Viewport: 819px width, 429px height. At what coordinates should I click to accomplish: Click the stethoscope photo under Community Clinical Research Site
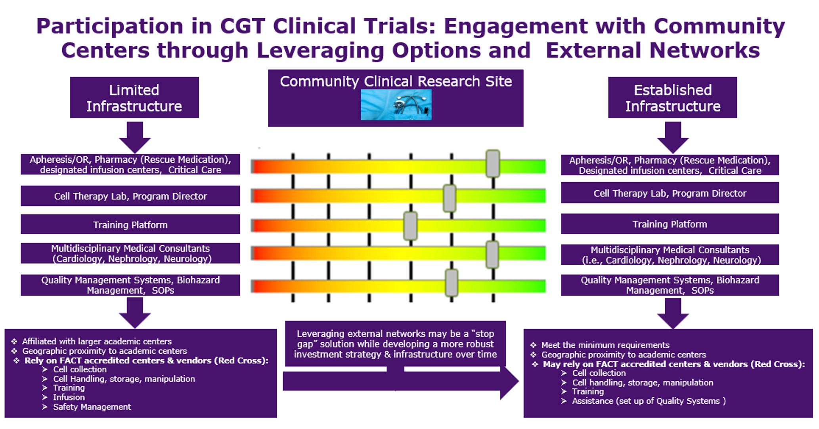396,104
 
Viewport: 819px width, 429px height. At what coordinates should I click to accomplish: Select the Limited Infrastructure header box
134,97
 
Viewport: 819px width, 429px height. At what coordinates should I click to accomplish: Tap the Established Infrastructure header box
672,97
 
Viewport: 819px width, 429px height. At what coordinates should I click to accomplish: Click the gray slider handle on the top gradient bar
493,163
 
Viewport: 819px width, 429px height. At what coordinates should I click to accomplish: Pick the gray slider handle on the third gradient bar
410,226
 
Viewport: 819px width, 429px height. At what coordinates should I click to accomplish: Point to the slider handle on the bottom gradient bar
452,283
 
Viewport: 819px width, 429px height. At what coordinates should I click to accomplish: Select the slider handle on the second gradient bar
450,198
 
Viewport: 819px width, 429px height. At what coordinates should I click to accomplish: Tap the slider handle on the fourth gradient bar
492,255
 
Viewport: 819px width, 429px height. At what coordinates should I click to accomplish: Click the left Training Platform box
130,224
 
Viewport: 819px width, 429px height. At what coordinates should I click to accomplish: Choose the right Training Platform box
670,224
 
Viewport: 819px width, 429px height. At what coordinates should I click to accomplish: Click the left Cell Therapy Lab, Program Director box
130,196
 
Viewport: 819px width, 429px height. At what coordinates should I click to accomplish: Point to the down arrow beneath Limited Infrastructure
135,137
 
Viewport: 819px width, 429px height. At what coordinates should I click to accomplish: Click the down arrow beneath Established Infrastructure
673,137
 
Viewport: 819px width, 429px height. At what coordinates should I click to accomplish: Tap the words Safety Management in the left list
92,407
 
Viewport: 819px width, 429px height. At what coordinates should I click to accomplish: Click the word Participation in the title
110,27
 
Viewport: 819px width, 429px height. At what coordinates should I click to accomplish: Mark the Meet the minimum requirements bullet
600,345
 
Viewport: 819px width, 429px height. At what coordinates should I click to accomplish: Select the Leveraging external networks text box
395,344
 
